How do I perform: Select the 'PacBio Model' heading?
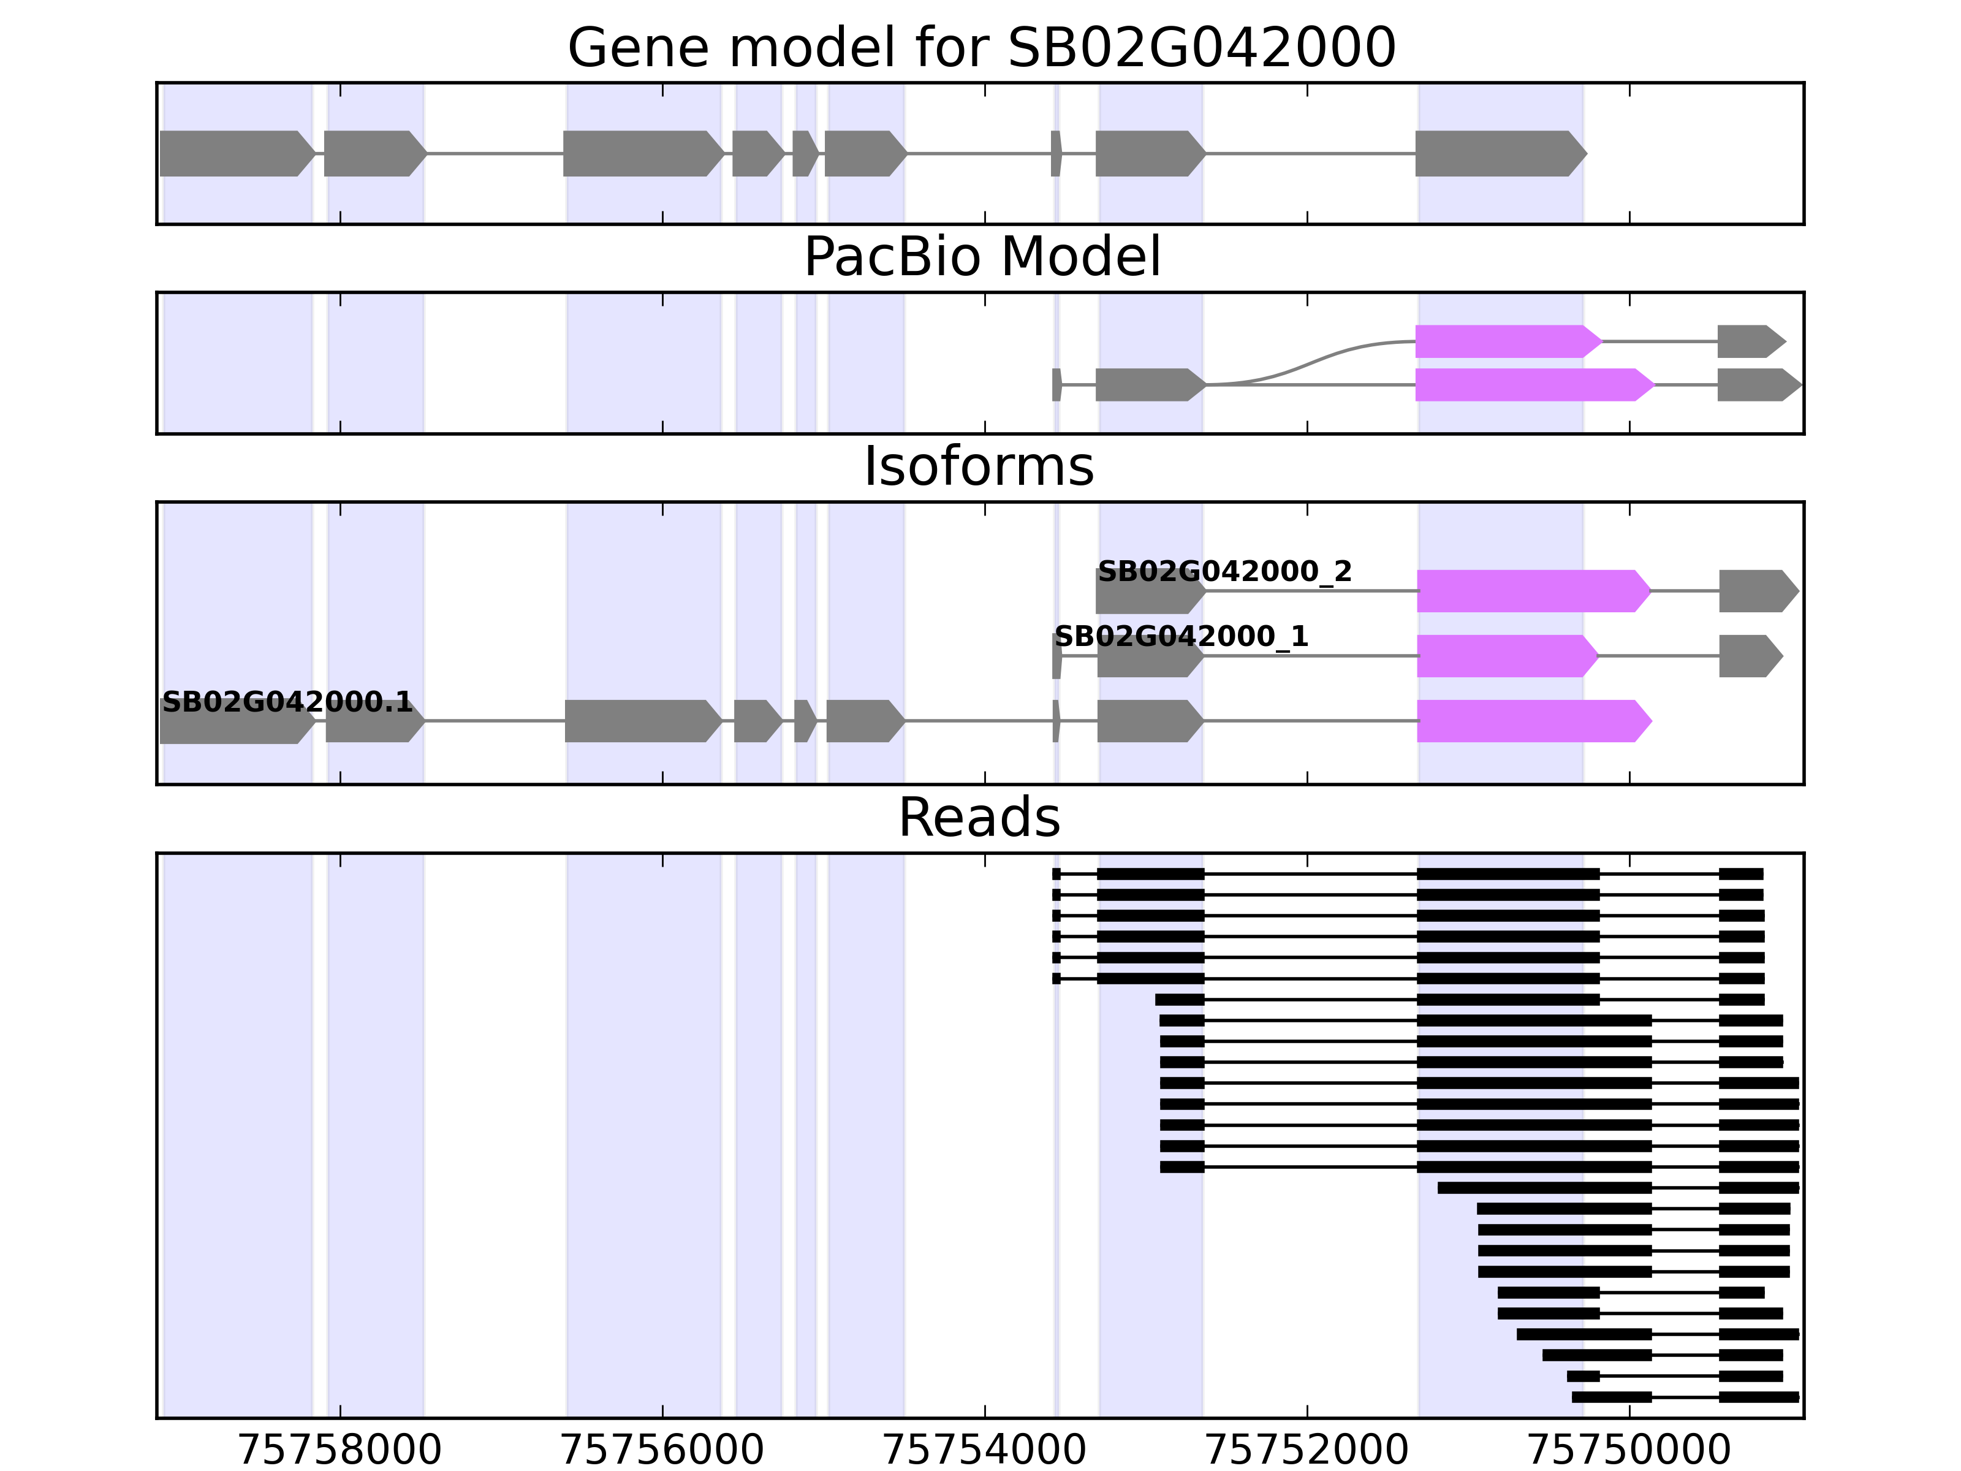click(981, 257)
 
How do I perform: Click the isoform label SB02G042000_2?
click(1224, 572)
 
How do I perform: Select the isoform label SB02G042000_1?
click(1181, 637)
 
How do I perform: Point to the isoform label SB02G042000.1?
click(287, 702)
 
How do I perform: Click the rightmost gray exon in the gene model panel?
click(1498, 153)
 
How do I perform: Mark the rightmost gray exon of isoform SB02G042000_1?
click(1748, 656)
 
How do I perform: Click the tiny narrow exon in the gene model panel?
click(1056, 153)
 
